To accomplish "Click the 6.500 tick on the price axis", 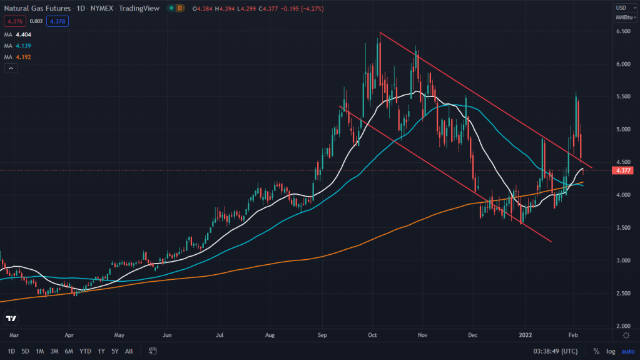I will pyautogui.click(x=622, y=31).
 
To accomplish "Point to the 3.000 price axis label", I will pyautogui.click(x=622, y=260).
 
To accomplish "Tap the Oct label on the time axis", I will pyautogui.click(x=373, y=336).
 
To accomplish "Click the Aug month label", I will pyautogui.click(x=270, y=336).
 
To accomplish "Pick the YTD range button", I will pyautogui.click(x=86, y=351).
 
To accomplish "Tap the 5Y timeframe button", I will pyautogui.click(x=114, y=351).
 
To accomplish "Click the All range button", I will pyautogui.click(x=129, y=351).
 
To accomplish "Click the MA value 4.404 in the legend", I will pyautogui.click(x=24, y=35).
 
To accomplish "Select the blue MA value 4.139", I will pyautogui.click(x=24, y=46).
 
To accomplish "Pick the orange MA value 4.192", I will pyautogui.click(x=24, y=57).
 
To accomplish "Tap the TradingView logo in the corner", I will pyautogui.click(x=11, y=319).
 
